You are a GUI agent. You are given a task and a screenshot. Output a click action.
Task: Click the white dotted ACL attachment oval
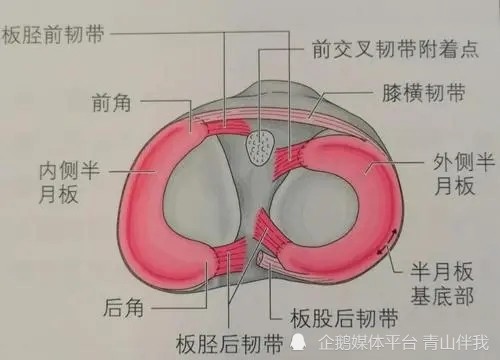pyautogui.click(x=259, y=145)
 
